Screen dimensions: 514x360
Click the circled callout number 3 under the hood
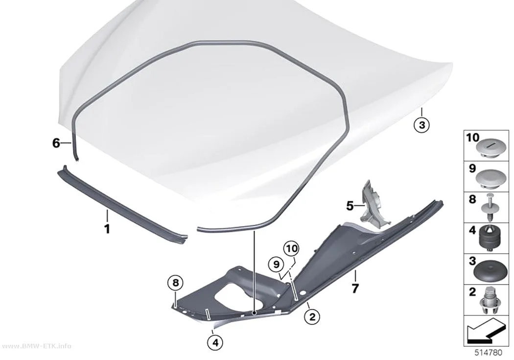click(421, 125)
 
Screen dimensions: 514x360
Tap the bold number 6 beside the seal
click(56, 143)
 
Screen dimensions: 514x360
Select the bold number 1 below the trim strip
click(107, 229)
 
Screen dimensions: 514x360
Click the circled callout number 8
click(176, 283)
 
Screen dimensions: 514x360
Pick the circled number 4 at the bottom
click(215, 343)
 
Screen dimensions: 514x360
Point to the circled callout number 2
click(312, 317)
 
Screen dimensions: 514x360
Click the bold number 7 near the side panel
click(355, 288)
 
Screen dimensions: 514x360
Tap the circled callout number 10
click(291, 249)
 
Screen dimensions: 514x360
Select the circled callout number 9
click(276, 264)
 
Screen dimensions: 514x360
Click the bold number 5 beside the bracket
click(350, 206)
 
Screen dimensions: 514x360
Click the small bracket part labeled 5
click(374, 204)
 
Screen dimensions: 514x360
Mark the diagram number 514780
click(489, 353)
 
